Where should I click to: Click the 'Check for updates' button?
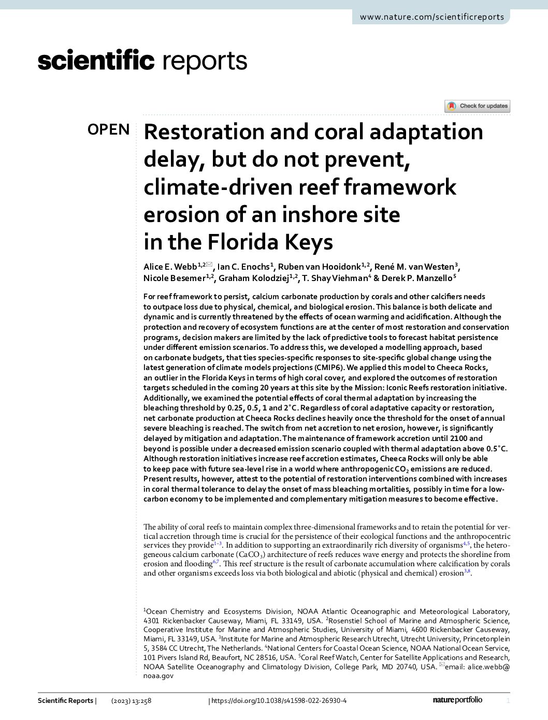click(x=478, y=106)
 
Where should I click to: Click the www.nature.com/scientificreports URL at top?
click(x=431, y=17)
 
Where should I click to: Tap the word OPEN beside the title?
click(x=108, y=129)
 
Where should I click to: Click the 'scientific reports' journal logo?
click(x=142, y=61)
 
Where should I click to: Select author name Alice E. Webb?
click(x=170, y=267)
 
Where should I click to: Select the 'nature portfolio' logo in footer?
click(x=457, y=700)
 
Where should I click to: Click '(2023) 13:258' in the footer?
click(x=131, y=701)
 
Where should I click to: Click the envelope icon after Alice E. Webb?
click(x=209, y=265)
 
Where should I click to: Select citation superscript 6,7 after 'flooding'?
click(x=216, y=562)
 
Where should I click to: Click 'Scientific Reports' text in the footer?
click(x=65, y=701)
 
